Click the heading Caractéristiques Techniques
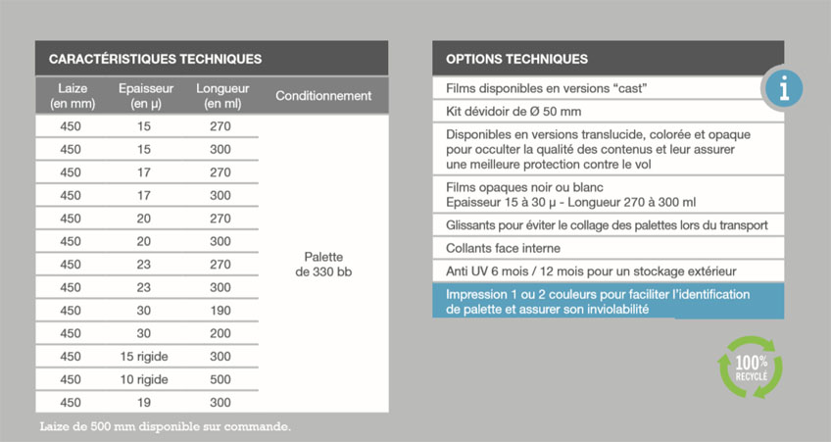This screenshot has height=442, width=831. coord(155,59)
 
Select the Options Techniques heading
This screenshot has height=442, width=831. coord(516,59)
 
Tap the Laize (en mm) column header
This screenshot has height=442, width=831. coord(71,96)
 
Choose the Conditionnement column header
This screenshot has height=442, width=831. coord(323,96)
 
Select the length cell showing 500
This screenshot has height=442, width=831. coord(220,379)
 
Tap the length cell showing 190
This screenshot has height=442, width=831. coord(220,311)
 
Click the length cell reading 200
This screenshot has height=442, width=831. coord(220,333)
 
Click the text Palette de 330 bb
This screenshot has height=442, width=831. coord(323,264)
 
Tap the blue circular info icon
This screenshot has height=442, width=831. coord(783,88)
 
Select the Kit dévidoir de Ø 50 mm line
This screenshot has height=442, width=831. coord(513,111)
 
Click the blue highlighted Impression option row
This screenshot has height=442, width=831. coord(608,301)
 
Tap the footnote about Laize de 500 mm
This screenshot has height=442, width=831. coord(166,426)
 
